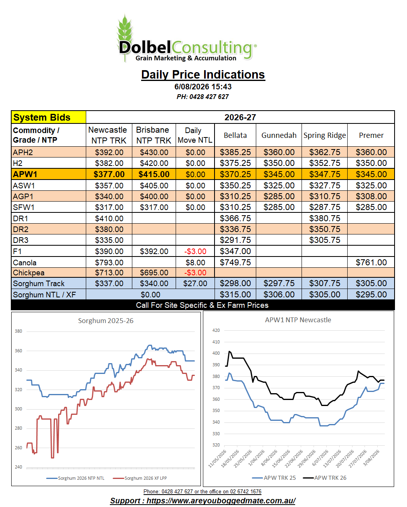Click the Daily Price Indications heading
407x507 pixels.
(203, 75)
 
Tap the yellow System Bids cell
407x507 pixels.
(49, 117)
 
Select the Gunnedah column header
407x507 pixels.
(279, 135)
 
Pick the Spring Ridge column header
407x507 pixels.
(324, 135)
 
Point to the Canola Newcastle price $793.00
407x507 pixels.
(109, 263)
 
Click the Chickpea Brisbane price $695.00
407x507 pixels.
(154, 273)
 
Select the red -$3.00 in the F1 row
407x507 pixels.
(195, 251)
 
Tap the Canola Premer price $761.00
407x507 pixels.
(371, 263)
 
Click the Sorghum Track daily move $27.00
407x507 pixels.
(195, 283)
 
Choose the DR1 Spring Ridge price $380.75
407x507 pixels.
(325, 218)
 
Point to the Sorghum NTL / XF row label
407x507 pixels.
(45, 295)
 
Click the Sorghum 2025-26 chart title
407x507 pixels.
(105, 321)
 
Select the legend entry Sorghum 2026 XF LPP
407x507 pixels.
(140, 478)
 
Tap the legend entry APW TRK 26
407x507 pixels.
(324, 478)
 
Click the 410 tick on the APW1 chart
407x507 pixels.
(216, 342)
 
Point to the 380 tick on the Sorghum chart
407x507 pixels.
(18, 331)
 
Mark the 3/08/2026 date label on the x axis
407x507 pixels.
(371, 458)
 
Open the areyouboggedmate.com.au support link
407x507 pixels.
(203, 501)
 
